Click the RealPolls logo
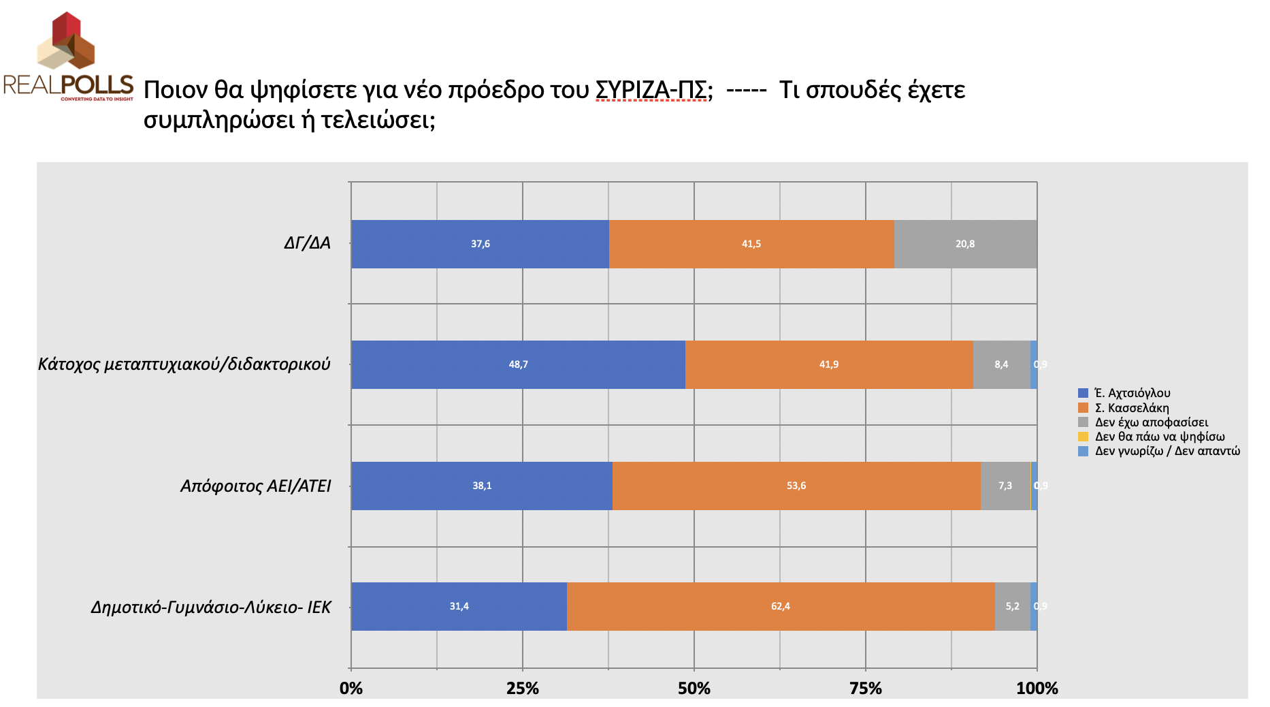pos(68,58)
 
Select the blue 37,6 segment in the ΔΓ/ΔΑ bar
pos(480,244)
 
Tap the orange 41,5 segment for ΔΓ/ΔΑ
pos(751,244)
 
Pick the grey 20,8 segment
pos(965,244)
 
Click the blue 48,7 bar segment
pos(518,364)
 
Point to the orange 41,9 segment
pos(828,364)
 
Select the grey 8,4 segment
pos(1001,364)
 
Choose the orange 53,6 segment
pos(796,486)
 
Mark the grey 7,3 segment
pos(1005,486)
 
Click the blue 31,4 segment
pos(459,606)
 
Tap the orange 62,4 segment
pos(780,606)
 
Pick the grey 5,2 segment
pos(1012,606)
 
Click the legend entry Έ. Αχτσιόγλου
pos(1132,393)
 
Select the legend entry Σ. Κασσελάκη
pos(1131,408)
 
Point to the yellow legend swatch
pos(1084,437)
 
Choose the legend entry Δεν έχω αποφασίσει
pos(1151,422)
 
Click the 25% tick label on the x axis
pos(522,689)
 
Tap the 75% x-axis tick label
pos(865,689)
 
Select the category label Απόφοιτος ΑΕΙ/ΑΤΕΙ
pos(255,486)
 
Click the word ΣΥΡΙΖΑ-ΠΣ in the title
pos(651,90)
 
